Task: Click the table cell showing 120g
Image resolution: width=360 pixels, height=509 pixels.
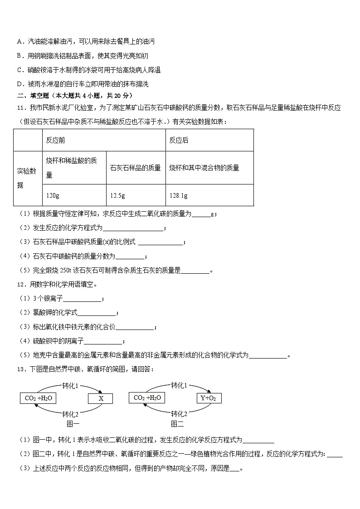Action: (x=53, y=195)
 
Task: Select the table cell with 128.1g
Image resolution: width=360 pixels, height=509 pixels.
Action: (x=178, y=195)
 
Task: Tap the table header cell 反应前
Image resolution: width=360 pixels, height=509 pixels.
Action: (x=55, y=141)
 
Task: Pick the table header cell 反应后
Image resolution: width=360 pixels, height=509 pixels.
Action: (x=179, y=141)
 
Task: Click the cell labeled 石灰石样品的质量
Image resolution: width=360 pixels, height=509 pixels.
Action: (x=135, y=168)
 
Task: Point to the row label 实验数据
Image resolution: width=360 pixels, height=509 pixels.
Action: (x=27, y=178)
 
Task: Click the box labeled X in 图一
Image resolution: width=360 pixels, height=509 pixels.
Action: (x=101, y=398)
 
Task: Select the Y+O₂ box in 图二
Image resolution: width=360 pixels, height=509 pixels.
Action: (x=209, y=398)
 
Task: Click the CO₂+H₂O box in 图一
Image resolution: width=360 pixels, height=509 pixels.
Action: (x=39, y=398)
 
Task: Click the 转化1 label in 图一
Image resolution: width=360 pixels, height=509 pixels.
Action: (x=71, y=386)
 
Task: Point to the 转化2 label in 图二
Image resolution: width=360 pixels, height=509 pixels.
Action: (x=179, y=413)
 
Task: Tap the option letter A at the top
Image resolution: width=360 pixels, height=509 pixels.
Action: (x=19, y=41)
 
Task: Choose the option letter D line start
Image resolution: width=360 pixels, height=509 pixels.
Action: (x=19, y=84)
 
